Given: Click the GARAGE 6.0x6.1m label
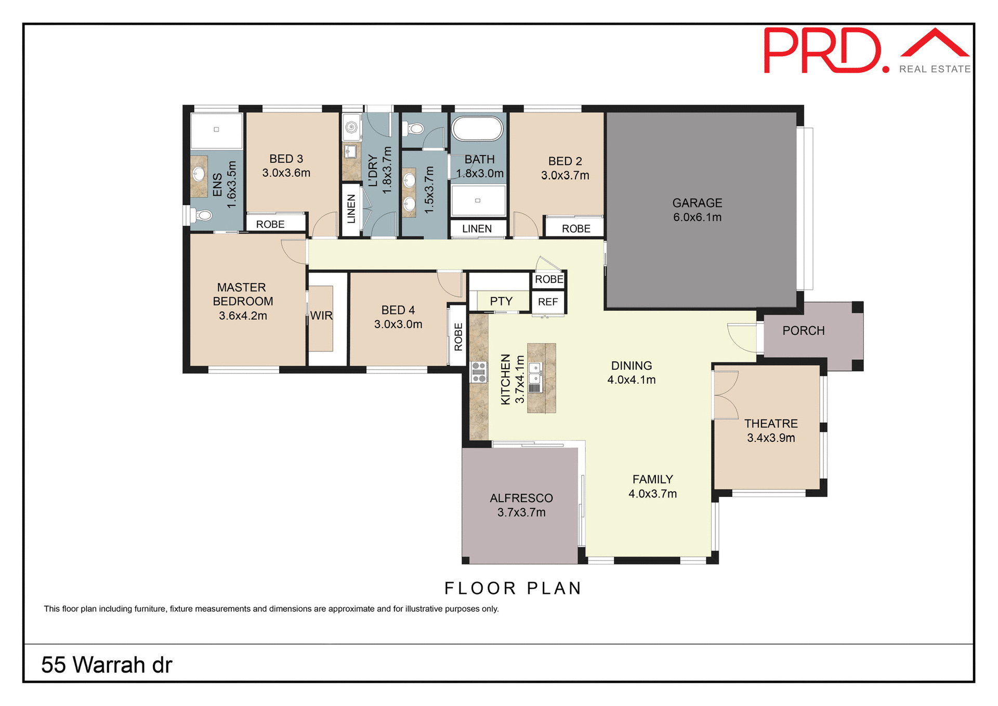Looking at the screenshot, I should pos(697,210).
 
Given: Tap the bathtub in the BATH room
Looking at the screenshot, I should pos(477,128).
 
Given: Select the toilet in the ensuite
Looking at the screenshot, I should pos(203,215).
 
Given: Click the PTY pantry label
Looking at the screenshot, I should pos(501,301).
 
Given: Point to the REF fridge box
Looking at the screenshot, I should pos(548,302).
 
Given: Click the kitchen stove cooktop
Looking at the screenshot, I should pos(479,372).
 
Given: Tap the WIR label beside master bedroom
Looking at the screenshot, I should pos(321,316).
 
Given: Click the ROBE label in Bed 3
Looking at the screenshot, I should pos(270,224).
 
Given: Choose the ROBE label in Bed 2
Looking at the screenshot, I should pos(576,229).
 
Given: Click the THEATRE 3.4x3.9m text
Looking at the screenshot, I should pos(771,430).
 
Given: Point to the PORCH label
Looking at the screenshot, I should pos(803,331).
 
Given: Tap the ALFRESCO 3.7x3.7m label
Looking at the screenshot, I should pos(521,505).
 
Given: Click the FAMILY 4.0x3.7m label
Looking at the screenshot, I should pos(652,486).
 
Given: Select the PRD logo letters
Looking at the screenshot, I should pos(823,51).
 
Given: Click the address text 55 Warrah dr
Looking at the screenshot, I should pos(107,665).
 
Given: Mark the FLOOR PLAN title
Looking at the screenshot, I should pos(513,588).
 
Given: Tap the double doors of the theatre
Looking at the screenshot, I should pos(726,395).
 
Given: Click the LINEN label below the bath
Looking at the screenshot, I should pos(477,229).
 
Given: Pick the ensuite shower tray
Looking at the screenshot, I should pos(216,130).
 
